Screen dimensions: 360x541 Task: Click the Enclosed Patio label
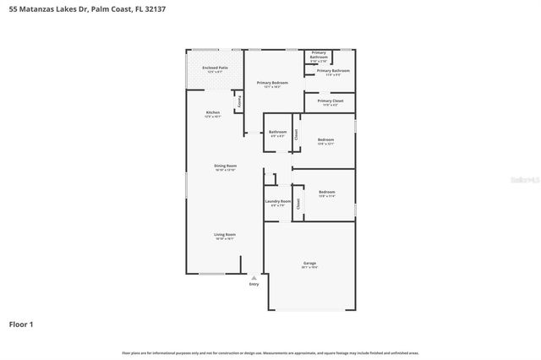coord(215,67)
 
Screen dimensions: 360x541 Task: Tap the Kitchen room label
coord(213,112)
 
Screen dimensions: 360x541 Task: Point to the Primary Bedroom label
coord(272,82)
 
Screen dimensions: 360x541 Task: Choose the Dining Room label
coord(225,166)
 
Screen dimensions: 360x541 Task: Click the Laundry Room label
coord(277,201)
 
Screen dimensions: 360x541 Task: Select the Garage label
coord(309,264)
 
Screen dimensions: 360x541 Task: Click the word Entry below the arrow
coord(254,284)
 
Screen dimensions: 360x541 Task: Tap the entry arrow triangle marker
coord(254,276)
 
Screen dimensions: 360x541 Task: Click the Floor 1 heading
coord(21,324)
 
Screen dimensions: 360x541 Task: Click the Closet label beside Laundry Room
coord(298,203)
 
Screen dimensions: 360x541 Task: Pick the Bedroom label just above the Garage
coord(326,192)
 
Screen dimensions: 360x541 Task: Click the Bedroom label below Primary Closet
coord(325,139)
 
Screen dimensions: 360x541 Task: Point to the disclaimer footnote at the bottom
coord(270,352)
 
